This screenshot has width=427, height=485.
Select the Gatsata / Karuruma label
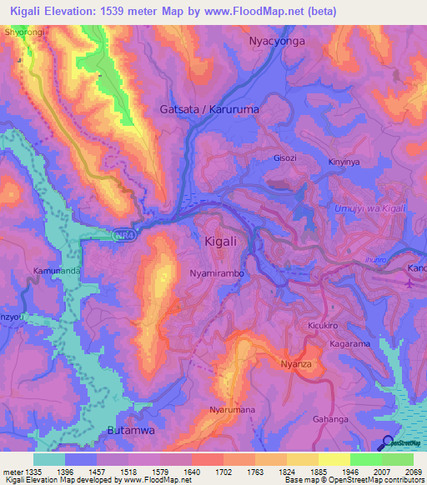pyautogui.click(x=208, y=109)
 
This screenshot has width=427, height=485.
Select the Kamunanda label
pyautogui.click(x=57, y=272)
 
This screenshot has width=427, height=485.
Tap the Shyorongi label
pyautogui.click(x=23, y=32)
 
